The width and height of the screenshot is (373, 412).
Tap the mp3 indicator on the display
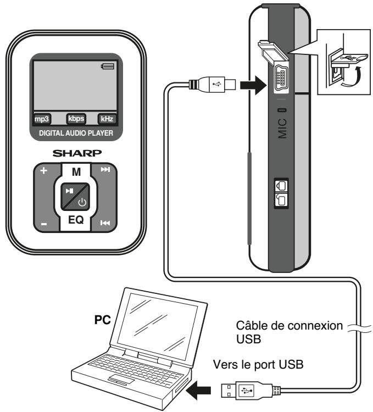click(x=42, y=118)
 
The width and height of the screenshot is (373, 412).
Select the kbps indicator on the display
click(x=76, y=118)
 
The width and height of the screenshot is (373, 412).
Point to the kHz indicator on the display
click(x=108, y=118)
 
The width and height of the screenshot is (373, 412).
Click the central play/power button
click(x=76, y=197)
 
